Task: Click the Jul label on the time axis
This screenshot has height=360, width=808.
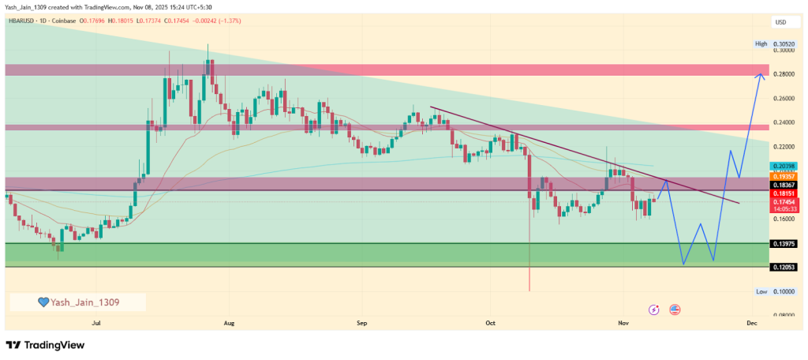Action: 97,323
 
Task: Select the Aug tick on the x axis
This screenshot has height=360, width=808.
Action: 230,323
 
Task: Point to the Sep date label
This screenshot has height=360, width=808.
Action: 362,323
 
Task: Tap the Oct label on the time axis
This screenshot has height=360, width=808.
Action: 490,323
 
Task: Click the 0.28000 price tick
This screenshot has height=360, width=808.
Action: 784,74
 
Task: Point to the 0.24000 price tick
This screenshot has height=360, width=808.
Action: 784,122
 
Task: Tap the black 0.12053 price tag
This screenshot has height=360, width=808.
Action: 784,268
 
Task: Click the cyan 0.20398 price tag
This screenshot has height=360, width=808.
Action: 784,166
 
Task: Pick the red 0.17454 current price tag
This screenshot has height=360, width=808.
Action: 784,203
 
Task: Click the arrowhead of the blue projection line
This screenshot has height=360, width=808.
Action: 761,75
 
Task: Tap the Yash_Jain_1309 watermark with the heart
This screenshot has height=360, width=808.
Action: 77,302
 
